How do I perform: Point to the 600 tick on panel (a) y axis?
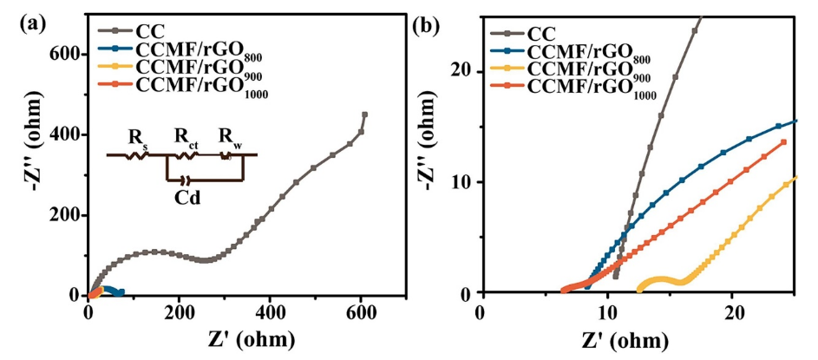point(70,55)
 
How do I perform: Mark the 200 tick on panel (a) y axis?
point(70,215)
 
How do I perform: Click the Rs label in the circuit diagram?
point(136,137)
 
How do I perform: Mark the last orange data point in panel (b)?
point(784,142)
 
